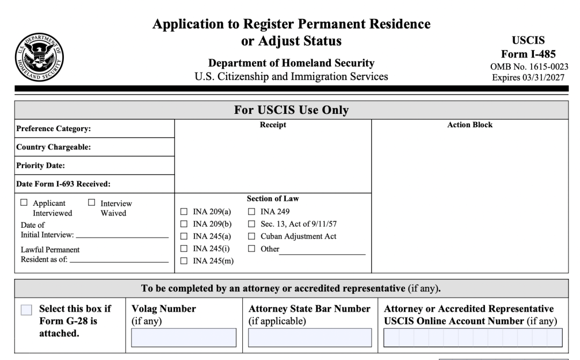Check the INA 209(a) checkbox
click(184, 212)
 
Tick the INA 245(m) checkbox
click(184, 261)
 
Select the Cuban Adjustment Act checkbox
click(251, 236)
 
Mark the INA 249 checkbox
click(251, 212)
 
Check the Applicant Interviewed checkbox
click(24, 203)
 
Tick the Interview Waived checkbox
click(91, 203)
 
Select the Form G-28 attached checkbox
click(26, 310)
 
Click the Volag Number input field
click(184, 337)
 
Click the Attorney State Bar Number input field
click(309, 337)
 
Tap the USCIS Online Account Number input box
click(473, 337)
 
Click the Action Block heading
click(470, 125)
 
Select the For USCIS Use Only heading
click(291, 110)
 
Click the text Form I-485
click(528, 54)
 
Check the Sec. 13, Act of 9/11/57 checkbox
click(251, 224)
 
